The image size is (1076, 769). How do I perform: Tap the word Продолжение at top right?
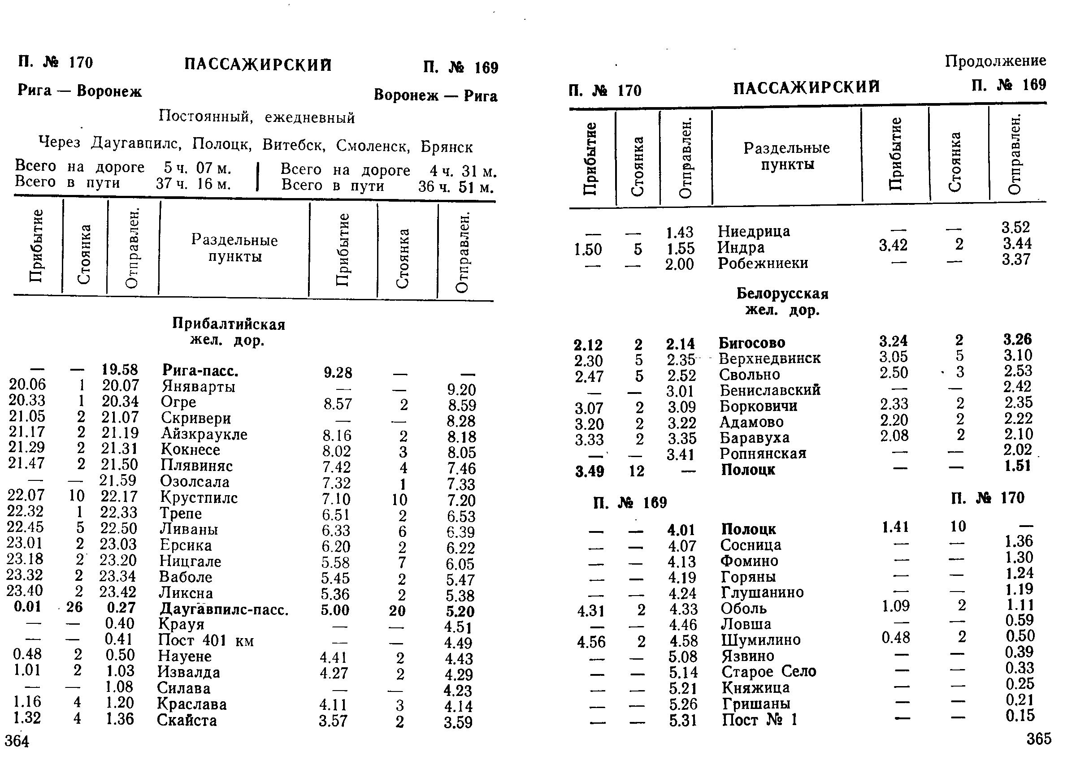995,60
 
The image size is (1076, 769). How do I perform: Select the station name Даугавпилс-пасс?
224,609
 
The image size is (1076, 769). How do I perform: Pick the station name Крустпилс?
199,497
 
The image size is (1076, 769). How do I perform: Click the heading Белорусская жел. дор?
782,302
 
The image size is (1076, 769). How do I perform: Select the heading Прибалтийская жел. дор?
228,332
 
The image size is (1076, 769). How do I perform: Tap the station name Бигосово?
751,342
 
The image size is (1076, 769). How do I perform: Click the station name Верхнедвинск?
770,359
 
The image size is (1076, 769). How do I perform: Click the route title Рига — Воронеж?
79,91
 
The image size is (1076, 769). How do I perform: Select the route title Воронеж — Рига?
435,95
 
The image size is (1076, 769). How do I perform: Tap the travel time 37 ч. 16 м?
194,184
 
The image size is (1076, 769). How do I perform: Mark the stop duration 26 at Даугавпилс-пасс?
74,607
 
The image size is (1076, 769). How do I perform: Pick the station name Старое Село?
768,671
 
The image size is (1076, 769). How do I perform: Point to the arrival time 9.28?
338,373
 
